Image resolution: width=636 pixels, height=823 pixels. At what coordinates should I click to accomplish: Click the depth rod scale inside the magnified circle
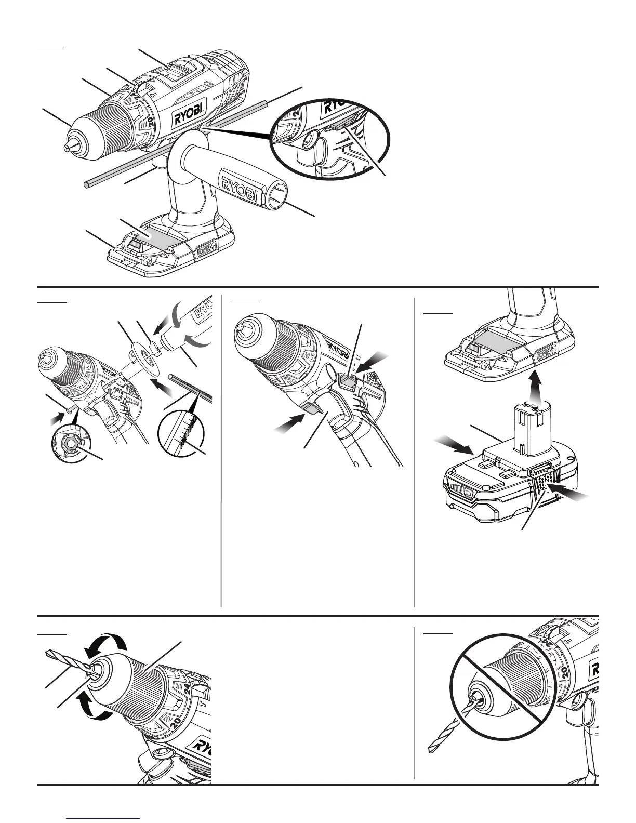pyautogui.click(x=183, y=431)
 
